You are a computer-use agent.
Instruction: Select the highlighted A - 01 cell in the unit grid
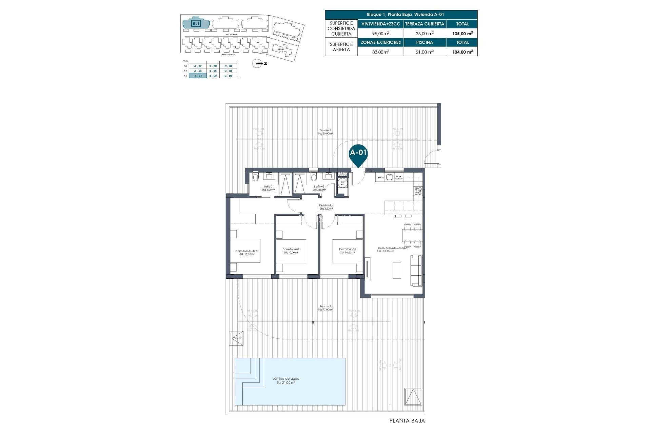198,76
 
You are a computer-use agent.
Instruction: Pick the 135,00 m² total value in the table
462,34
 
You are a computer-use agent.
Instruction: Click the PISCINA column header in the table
425,42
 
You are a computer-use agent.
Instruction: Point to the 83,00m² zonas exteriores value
381,52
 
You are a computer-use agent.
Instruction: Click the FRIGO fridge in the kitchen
380,177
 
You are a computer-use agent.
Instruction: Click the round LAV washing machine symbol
343,183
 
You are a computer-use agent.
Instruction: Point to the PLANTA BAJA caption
407,421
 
